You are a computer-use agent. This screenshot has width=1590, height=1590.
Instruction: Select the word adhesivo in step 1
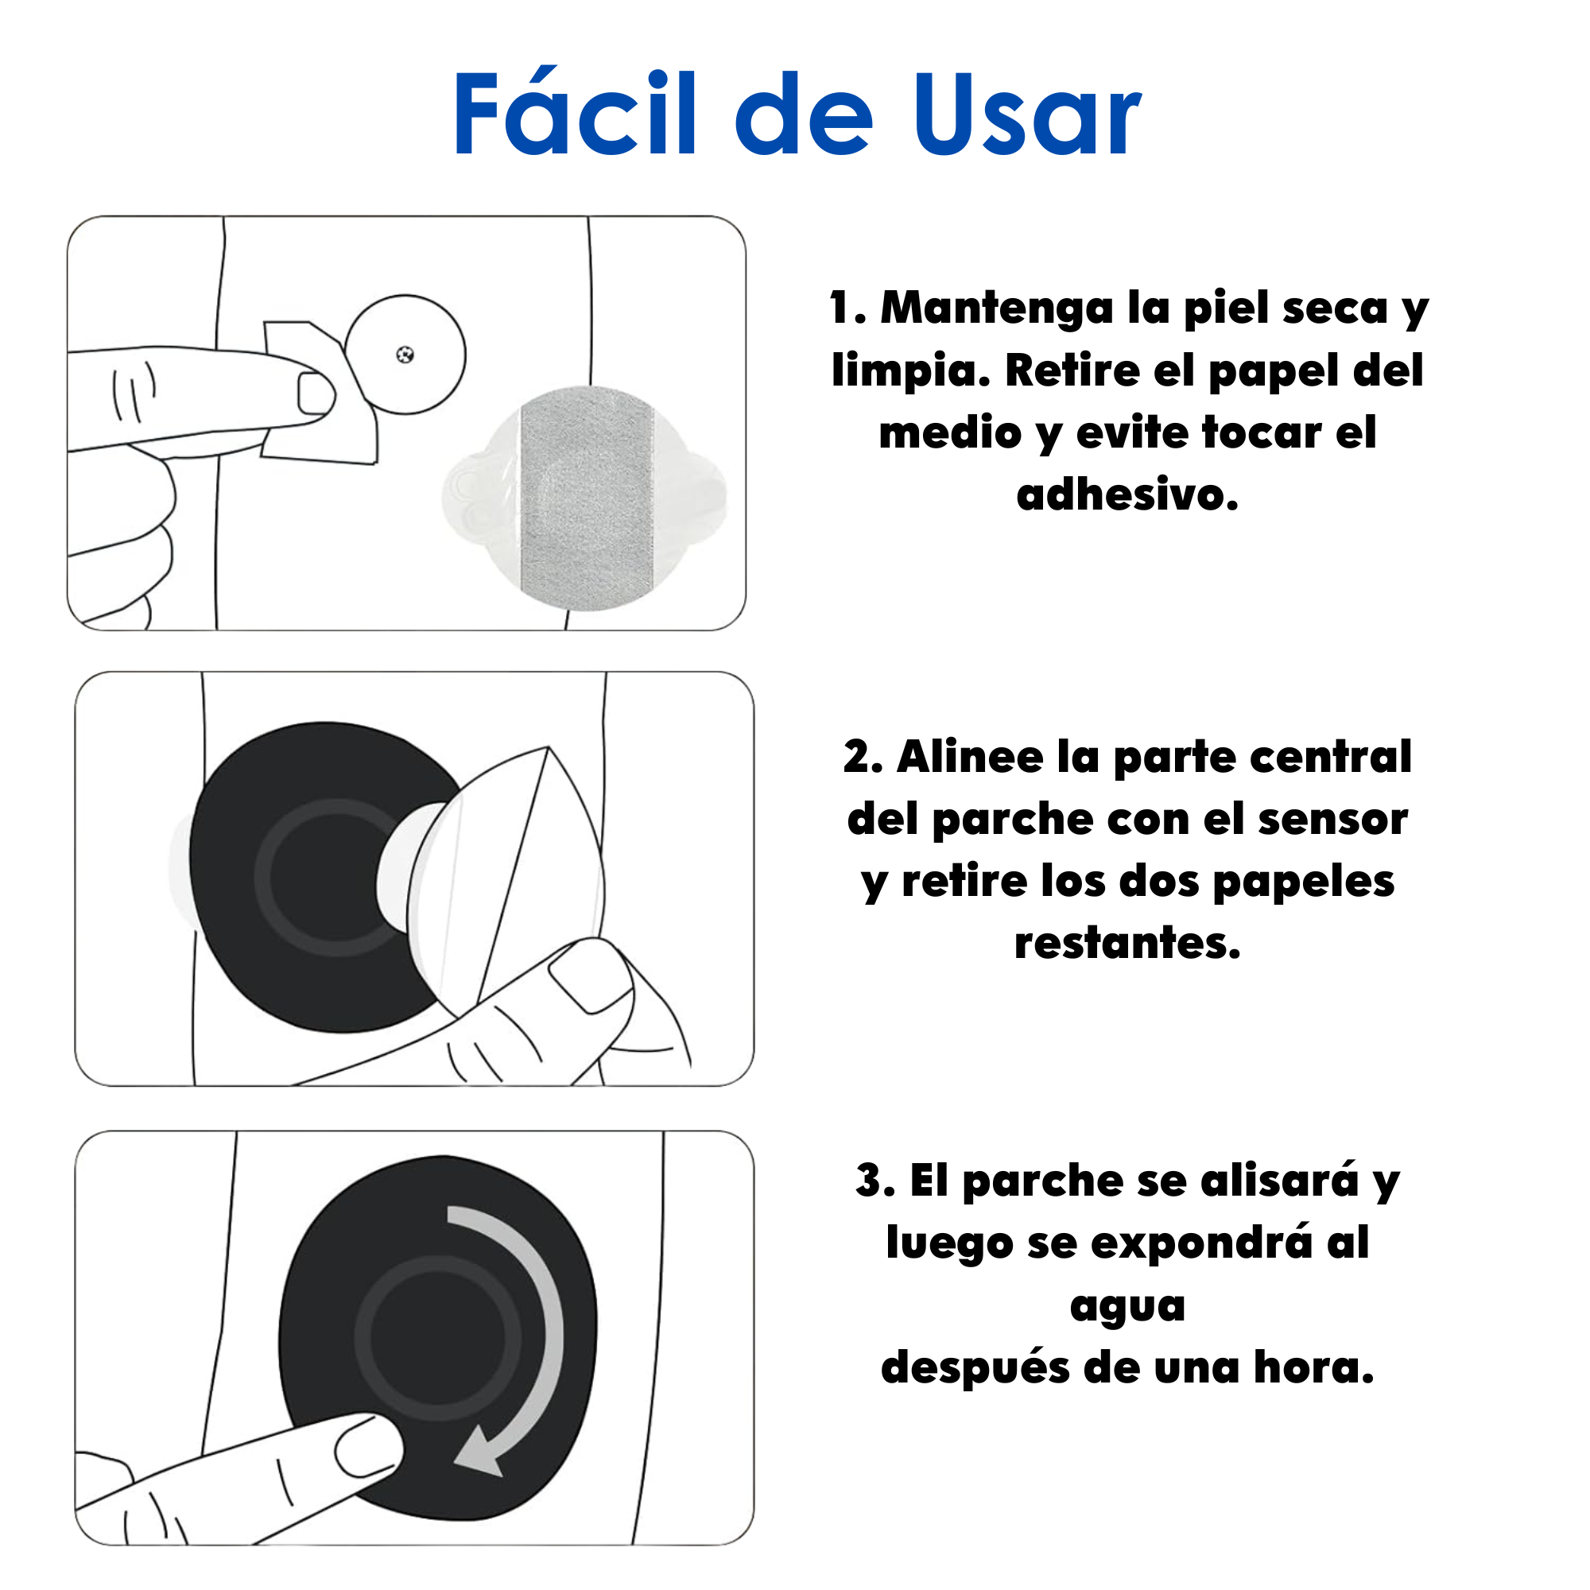point(1127,494)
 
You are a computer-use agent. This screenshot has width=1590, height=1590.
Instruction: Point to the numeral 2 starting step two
point(862,756)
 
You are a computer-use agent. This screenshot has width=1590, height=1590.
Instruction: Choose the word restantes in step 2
point(1127,943)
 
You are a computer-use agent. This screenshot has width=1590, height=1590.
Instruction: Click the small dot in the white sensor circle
point(405,355)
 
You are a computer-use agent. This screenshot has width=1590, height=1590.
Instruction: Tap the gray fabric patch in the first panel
point(587,498)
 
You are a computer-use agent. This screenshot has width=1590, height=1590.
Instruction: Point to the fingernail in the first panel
point(315,394)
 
